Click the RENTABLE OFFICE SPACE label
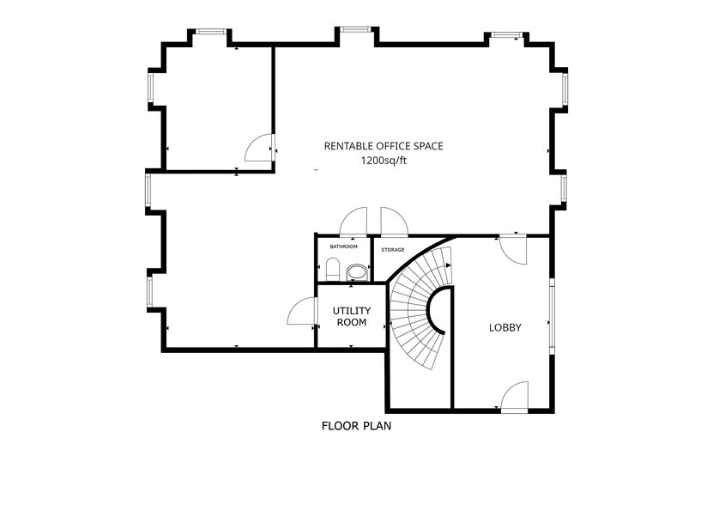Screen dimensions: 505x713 coord(383,146)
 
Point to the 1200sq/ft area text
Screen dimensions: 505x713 coord(383,161)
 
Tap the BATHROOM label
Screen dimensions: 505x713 coord(343,246)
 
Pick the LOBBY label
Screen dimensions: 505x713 coord(505,327)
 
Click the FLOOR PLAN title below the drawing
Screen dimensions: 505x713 coord(356,425)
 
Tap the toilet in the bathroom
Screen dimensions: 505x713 coord(355,271)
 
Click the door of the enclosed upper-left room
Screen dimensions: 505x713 coord(259,149)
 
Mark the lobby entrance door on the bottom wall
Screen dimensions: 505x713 coord(515,397)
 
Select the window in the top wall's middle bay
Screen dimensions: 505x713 coord(354,30)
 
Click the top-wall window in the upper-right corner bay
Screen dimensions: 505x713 coord(505,35)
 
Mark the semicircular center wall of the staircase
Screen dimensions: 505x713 coord(442,310)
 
